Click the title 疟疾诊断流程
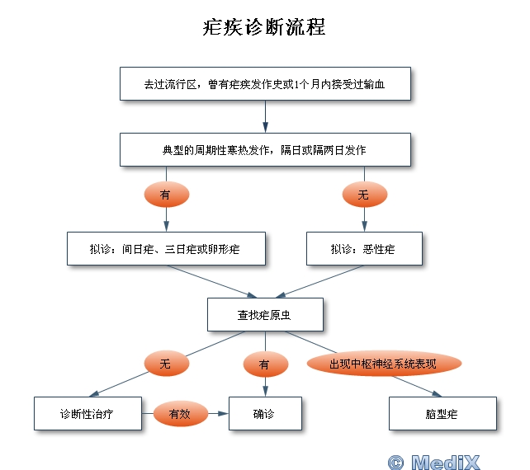264,27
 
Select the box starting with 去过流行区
265,83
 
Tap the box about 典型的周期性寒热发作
265,150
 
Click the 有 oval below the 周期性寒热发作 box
166,195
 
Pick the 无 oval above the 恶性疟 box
364,195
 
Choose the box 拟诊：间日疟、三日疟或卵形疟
166,248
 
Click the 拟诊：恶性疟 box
364,248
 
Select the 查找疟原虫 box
264,314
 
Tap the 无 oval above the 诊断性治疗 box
166,363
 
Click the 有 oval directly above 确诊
265,363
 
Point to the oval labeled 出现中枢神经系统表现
383,364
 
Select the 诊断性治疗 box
87,414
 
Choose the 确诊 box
265,414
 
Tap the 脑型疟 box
442,414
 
